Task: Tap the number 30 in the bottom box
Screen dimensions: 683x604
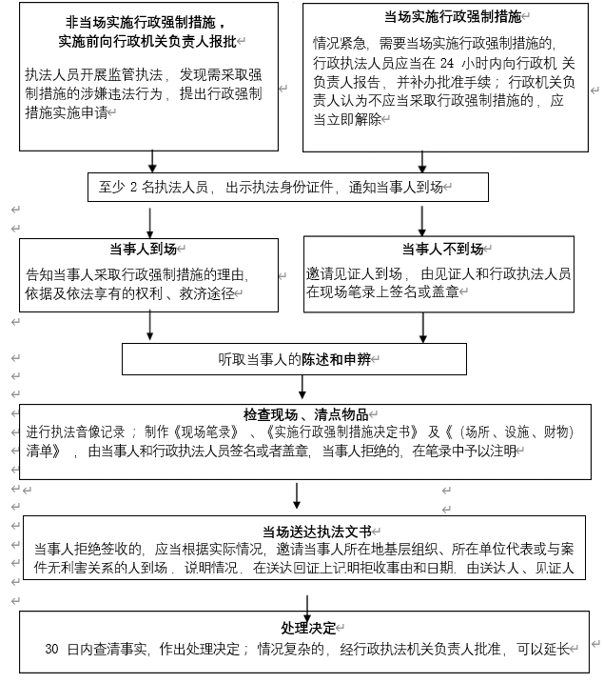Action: [x=53, y=650]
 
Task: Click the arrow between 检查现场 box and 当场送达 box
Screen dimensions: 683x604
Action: [x=298, y=495]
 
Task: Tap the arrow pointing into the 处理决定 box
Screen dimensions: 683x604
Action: [x=307, y=606]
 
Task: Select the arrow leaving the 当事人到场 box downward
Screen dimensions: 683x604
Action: [x=150, y=326]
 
